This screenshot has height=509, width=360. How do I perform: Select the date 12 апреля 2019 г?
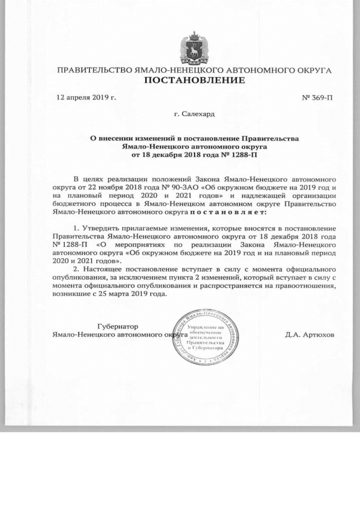pos(86,98)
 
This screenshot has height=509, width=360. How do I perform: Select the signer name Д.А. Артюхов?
pos(309,334)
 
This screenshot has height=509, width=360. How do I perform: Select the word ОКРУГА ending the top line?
pos(313,71)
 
